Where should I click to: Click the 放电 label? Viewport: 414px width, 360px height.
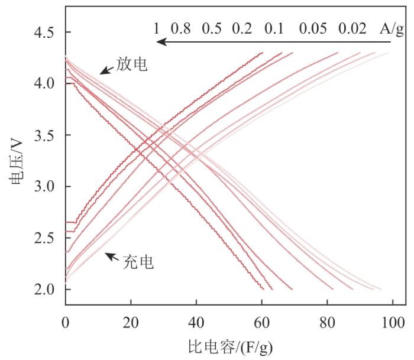[132, 65]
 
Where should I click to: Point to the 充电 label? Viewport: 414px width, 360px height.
[138, 262]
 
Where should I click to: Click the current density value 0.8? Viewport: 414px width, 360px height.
[181, 28]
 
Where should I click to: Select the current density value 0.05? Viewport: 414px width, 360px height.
[313, 28]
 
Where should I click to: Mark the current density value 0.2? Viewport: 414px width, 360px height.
[243, 28]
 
